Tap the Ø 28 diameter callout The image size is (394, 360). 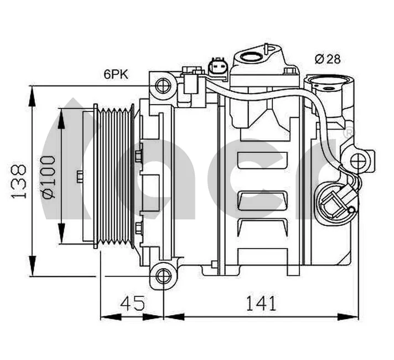pyautogui.click(x=328, y=58)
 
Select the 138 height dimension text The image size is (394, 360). pyautogui.click(x=19, y=181)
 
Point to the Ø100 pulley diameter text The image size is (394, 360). pyautogui.click(x=49, y=177)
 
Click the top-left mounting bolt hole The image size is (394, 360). pyautogui.click(x=162, y=86)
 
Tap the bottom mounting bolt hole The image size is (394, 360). pyautogui.click(x=162, y=276)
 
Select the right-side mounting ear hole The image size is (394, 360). pyautogui.click(x=359, y=162)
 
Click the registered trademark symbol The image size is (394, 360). pyautogui.click(x=348, y=133)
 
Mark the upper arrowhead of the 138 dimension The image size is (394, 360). pyautogui.click(x=33, y=94)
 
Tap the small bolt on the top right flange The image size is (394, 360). pyautogui.click(x=289, y=71)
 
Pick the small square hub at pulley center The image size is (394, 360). pyautogui.click(x=80, y=176)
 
